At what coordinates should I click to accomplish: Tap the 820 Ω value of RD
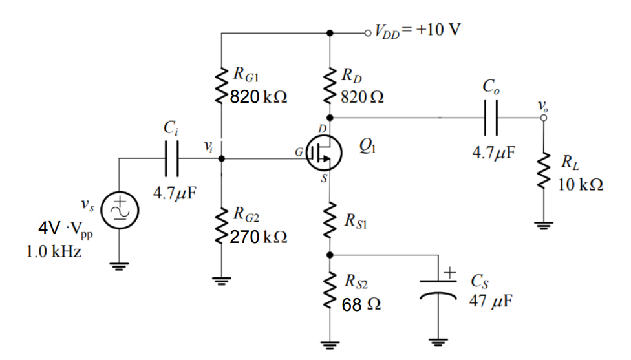pyautogui.click(x=365, y=97)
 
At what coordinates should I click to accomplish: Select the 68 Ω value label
pyautogui.click(x=361, y=304)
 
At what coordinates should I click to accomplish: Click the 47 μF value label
pyautogui.click(x=489, y=302)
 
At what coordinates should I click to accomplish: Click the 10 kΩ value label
pyautogui.click(x=580, y=184)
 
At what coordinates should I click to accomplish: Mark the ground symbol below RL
pyautogui.click(x=542, y=226)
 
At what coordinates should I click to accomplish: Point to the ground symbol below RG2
pyautogui.click(x=222, y=281)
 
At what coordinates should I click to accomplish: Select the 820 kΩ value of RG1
pyautogui.click(x=259, y=97)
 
